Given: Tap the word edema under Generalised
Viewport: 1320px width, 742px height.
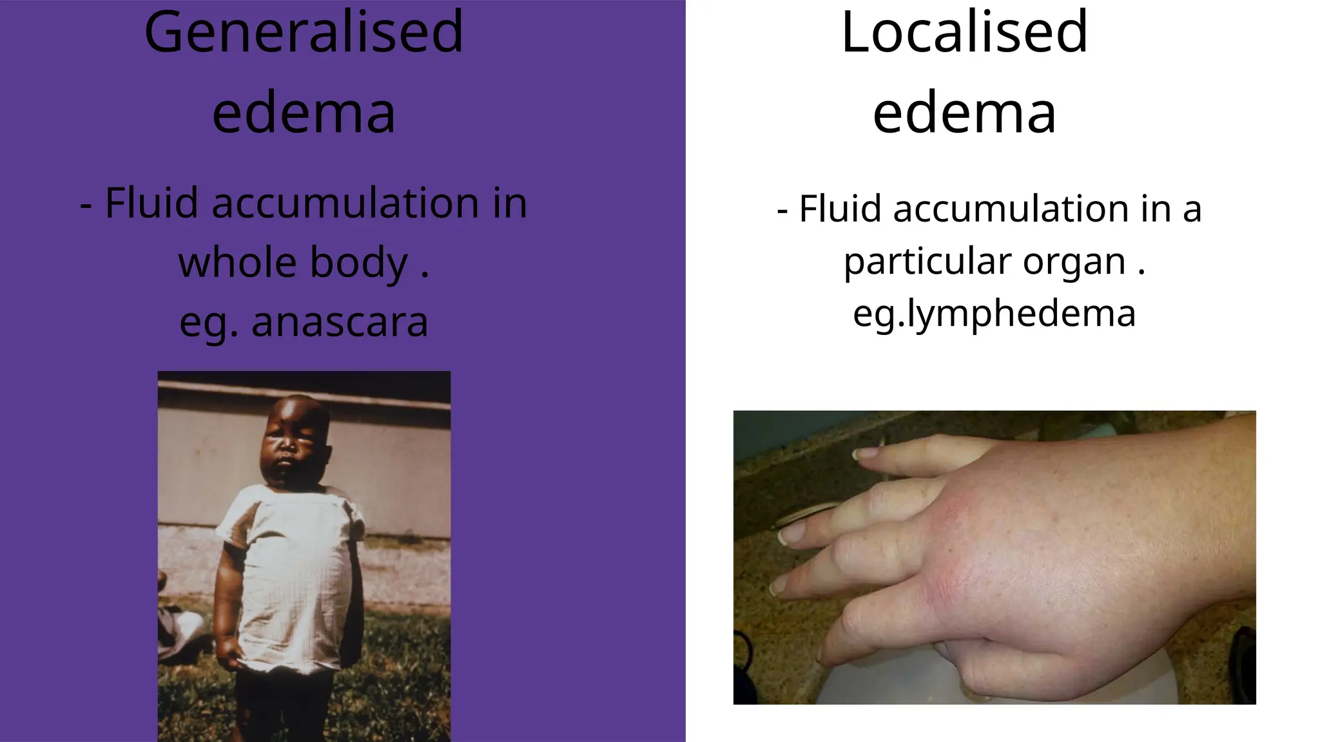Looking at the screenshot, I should [304, 113].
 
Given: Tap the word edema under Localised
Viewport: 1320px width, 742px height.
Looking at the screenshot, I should [964, 113].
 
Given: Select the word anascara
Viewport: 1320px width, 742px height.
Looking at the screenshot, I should [340, 322].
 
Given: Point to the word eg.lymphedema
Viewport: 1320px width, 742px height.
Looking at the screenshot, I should [994, 314].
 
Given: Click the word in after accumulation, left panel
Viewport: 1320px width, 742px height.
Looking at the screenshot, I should [510, 203].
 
